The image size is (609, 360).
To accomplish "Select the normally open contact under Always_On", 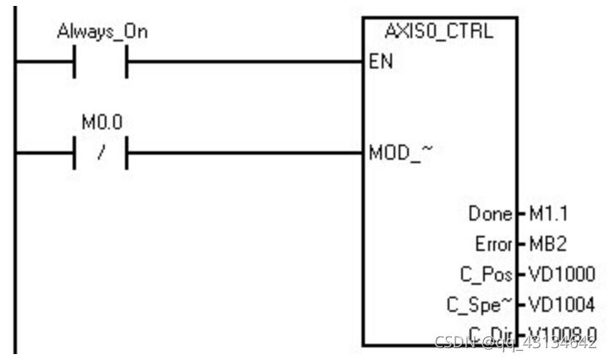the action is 101,62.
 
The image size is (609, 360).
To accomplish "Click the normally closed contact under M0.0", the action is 101,153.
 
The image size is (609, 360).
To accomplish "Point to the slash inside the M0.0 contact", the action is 101,153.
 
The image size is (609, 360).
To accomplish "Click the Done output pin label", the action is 491,215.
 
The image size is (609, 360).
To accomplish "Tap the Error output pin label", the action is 494,245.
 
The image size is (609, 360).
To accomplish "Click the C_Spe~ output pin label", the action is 484,303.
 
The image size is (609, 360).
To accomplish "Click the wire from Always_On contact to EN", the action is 245,62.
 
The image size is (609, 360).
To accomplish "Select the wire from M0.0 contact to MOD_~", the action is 245,153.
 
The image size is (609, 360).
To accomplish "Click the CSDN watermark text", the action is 456,342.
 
